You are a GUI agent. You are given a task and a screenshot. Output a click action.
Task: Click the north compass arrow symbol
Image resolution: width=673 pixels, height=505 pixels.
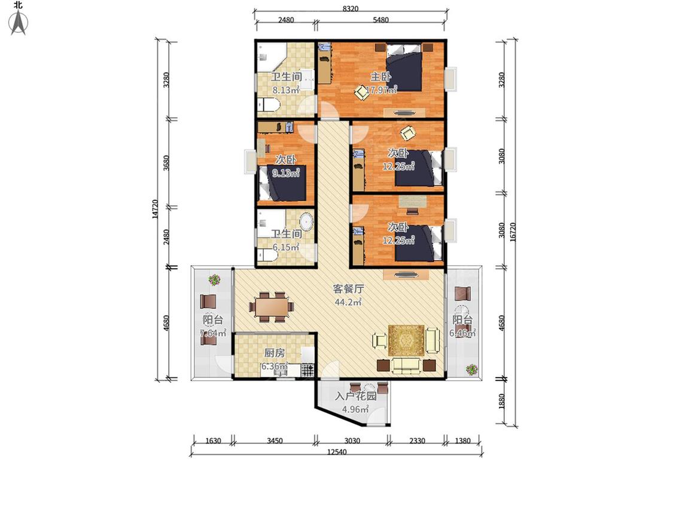point(19,22)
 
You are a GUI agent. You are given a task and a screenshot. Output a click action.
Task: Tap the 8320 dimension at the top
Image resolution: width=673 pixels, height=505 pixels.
point(351,8)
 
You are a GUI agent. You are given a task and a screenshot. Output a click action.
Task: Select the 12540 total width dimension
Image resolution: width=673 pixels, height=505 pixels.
point(337,452)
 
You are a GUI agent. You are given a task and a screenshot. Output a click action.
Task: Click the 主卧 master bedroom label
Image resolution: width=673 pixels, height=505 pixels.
point(380,77)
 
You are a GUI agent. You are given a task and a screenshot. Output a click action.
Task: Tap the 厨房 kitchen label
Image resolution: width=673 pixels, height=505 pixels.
point(274,353)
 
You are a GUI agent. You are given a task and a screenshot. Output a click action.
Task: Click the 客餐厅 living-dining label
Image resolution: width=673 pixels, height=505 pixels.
point(348,289)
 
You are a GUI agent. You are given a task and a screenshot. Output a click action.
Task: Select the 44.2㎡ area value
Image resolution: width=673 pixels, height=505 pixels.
point(348,302)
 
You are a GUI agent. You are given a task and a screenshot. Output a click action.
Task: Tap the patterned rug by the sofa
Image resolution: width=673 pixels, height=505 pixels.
point(406,340)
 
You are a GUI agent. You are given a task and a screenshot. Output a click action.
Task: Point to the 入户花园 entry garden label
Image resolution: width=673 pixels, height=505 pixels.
point(355,396)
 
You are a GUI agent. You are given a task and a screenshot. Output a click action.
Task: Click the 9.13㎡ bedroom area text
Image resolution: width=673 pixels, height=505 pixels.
point(286,173)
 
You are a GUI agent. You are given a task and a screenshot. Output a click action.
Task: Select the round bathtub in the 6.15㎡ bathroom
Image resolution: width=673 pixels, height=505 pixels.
point(306,221)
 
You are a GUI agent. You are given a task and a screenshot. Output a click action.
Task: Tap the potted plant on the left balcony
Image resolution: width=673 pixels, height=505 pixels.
point(214,280)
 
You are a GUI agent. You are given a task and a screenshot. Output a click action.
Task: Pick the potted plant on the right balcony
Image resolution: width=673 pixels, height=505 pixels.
point(472,370)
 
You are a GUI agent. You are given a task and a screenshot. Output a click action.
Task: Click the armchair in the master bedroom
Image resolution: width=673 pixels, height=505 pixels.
point(362,92)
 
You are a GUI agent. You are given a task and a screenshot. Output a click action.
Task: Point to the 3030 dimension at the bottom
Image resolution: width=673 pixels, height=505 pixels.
point(352,441)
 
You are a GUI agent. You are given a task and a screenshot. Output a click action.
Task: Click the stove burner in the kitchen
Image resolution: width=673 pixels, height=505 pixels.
point(307,370)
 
